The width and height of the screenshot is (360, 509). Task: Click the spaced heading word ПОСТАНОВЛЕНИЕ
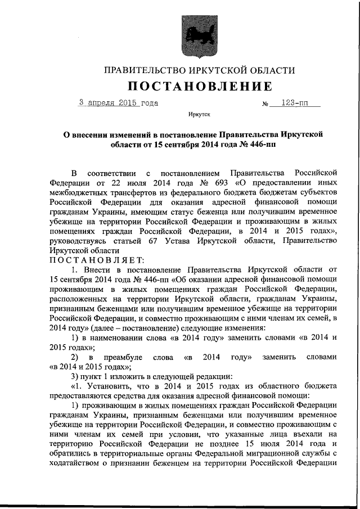tap(199, 86)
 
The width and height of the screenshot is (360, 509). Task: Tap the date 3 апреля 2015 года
tap(118, 103)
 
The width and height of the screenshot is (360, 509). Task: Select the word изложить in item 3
tap(125, 376)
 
